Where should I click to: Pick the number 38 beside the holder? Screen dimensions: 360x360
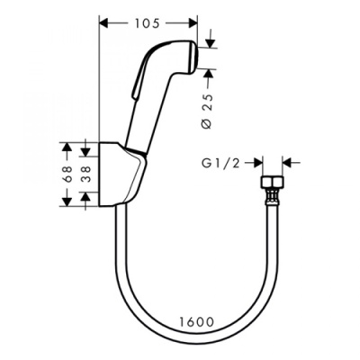[x=87, y=172]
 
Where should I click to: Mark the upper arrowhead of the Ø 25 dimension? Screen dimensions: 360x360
[x=208, y=40]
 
